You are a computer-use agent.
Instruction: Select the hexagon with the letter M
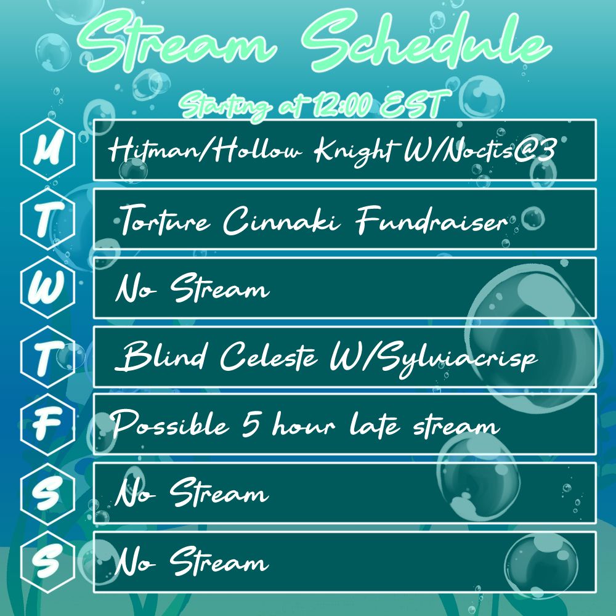(x=47, y=149)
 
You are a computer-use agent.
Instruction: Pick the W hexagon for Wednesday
(x=47, y=287)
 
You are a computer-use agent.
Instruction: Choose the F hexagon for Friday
(x=47, y=424)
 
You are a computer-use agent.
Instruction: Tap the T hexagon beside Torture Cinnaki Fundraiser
(x=47, y=219)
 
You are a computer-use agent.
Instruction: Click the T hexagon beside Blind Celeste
(x=47, y=357)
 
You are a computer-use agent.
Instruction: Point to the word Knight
(x=354, y=152)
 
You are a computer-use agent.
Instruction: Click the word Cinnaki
(x=282, y=220)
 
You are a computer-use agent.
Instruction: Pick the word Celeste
(x=269, y=356)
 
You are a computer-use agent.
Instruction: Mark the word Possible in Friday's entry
(x=170, y=424)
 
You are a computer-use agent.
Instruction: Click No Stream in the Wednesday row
(x=192, y=288)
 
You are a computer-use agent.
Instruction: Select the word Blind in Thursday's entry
(x=161, y=356)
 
